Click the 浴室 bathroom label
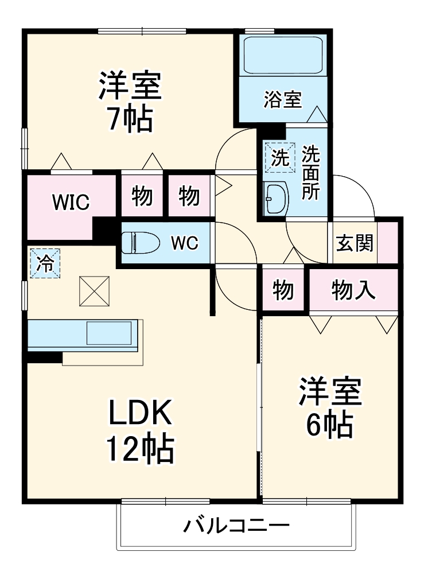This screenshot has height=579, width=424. click(x=282, y=99)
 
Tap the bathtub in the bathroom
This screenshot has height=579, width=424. click(x=282, y=55)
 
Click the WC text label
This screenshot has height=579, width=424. click(x=184, y=243)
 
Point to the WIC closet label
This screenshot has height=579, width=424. click(x=71, y=202)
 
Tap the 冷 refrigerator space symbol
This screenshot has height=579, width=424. click(x=44, y=264)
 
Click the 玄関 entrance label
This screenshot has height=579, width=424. click(x=355, y=243)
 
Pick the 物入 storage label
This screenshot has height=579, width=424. click(x=353, y=290)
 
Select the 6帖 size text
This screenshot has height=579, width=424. click(x=329, y=425)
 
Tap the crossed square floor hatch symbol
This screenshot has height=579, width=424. click(x=94, y=290)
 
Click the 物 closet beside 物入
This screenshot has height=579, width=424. click(x=283, y=290)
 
